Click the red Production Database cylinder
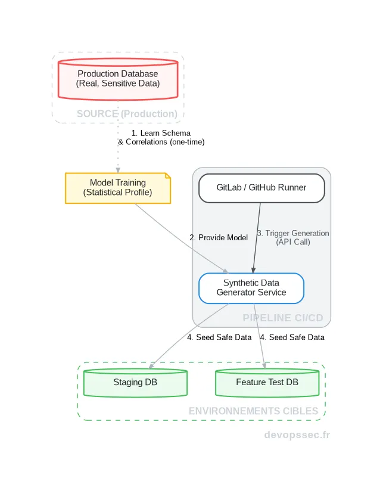click(118, 79)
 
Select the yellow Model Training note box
click(118, 188)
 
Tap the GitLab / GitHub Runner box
click(261, 188)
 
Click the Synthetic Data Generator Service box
click(251, 288)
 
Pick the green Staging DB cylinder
click(135, 383)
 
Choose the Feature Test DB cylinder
click(267, 383)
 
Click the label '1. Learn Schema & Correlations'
click(161, 138)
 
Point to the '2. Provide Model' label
click(219, 237)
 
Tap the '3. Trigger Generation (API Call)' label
click(293, 237)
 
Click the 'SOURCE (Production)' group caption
click(127, 114)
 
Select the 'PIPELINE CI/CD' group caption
click(283, 318)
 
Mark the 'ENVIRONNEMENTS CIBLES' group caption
click(254, 411)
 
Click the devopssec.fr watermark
click(297, 435)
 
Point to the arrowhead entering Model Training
click(118, 170)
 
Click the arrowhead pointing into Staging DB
click(151, 366)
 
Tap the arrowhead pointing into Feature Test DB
click(264, 366)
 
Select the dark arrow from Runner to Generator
click(257, 238)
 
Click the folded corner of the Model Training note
click(168, 176)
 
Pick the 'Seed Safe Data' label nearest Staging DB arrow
click(219, 337)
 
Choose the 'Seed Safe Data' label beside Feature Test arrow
click(292, 337)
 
